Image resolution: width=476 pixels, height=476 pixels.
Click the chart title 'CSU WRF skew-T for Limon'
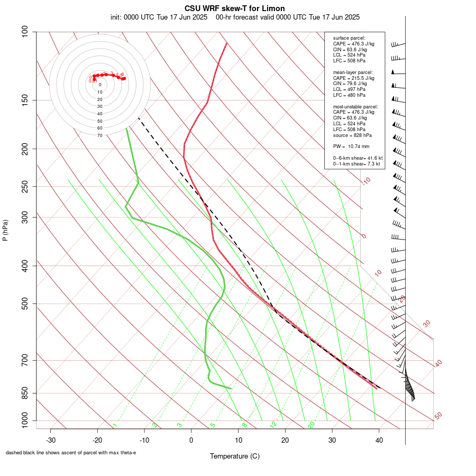point(235,8)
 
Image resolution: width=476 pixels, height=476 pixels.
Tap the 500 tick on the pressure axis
point(25,304)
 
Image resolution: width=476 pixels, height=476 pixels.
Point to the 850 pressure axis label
point(25,393)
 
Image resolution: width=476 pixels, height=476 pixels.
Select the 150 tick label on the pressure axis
point(25,100)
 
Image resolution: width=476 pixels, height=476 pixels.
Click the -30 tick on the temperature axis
point(51,440)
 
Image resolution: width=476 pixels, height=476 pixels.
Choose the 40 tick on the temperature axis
point(379,440)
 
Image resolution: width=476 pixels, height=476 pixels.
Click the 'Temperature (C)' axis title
point(235,456)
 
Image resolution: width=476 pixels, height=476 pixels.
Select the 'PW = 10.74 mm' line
point(351,147)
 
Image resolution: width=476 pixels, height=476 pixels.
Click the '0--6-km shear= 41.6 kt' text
point(358,158)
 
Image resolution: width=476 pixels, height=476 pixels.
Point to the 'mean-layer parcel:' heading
point(353,72)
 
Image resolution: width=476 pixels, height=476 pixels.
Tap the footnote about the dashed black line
point(71,453)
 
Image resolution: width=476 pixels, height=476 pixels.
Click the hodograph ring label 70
point(100,135)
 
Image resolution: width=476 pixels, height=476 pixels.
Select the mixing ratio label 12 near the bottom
point(273,425)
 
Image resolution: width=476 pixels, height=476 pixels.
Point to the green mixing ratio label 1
point(115,425)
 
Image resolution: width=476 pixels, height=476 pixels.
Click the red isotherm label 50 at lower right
point(438,416)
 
